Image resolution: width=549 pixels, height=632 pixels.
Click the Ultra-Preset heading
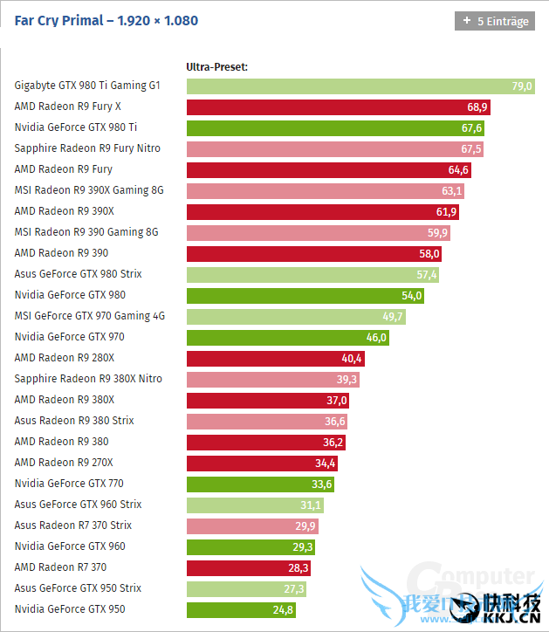point(217,66)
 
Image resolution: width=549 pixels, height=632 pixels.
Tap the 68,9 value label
point(477,107)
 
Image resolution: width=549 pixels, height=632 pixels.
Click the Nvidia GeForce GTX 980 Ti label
point(76,127)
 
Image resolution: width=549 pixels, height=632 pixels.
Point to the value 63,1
point(451,191)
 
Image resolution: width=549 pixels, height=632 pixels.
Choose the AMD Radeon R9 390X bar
point(322,212)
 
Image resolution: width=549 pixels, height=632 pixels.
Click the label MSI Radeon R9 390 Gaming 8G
point(86,232)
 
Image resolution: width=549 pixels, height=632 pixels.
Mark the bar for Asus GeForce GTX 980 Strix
point(312,275)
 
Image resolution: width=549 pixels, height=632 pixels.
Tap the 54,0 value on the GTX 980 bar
point(411,296)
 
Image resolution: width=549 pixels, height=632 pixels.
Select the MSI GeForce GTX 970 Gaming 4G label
point(90,316)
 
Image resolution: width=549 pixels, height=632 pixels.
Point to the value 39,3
point(347,380)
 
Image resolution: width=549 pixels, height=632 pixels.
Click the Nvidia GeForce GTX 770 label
point(70,484)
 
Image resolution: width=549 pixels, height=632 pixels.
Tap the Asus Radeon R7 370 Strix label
point(73,526)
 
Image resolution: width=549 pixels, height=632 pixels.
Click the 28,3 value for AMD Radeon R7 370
point(298,568)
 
